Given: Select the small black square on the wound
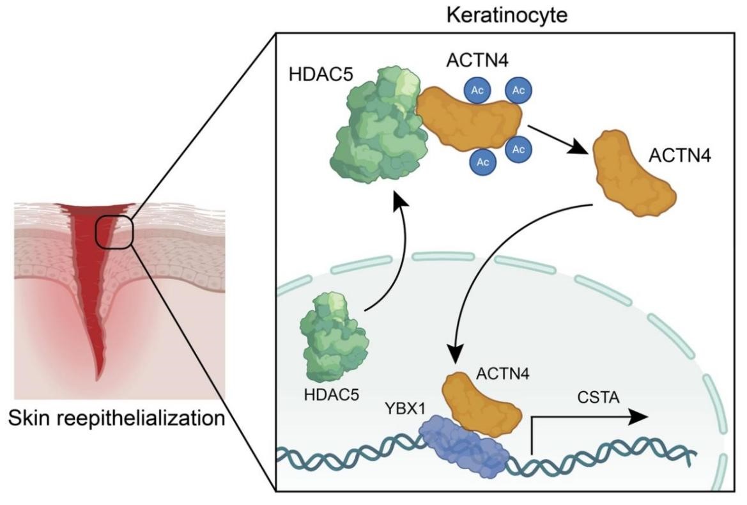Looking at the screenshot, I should pyautogui.click(x=114, y=231).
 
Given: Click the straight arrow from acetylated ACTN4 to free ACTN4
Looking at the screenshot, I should pyautogui.click(x=558, y=139).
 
